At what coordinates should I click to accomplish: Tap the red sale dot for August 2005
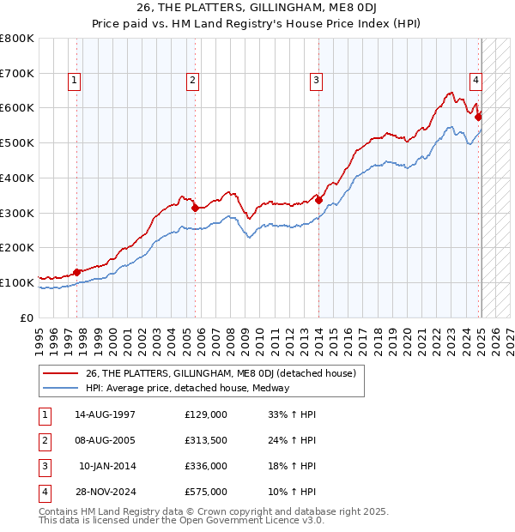[195, 207]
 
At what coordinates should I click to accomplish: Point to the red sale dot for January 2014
[318, 199]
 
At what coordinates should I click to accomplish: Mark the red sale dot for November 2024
[479, 117]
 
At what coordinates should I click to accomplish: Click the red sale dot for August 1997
[76, 272]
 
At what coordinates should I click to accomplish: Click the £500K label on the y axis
[17, 142]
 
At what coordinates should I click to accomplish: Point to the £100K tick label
[17, 282]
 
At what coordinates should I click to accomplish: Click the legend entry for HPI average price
[187, 388]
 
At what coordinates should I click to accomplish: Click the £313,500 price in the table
[206, 440]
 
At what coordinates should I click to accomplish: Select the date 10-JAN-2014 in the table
[106, 466]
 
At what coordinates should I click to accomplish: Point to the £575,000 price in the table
[206, 492]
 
